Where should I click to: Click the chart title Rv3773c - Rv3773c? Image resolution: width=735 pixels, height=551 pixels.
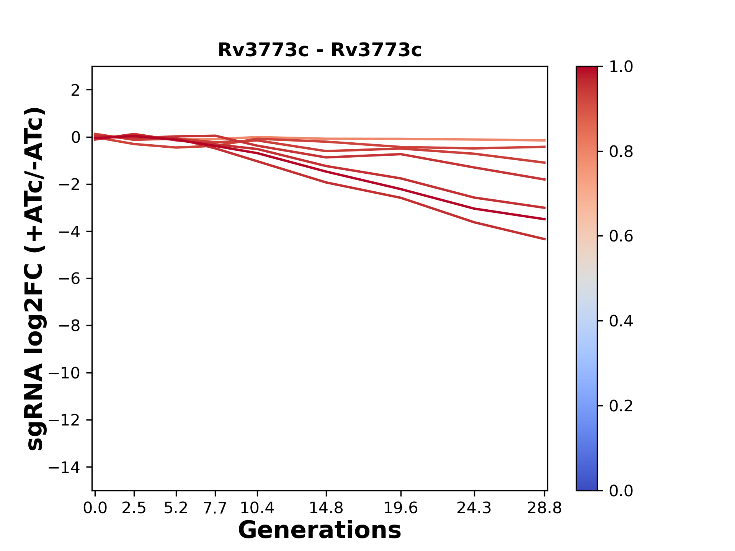[x=320, y=50]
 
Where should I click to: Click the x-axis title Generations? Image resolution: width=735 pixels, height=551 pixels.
[x=320, y=530]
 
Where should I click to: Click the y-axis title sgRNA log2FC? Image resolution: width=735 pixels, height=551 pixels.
[x=35, y=279]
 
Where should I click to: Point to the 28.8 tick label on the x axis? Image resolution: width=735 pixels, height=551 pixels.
[x=544, y=508]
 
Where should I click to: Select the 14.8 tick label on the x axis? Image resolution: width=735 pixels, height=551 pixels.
[x=326, y=508]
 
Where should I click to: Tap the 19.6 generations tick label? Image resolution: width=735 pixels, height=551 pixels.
[x=400, y=508]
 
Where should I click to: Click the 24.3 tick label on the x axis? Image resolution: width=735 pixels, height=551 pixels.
[x=474, y=508]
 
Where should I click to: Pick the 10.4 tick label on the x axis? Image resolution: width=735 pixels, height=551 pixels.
[x=257, y=508]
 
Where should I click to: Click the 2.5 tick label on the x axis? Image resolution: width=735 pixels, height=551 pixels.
[x=134, y=508]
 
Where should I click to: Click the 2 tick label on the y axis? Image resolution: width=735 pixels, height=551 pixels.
[x=75, y=90]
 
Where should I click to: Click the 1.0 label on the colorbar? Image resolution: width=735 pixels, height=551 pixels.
[x=621, y=67]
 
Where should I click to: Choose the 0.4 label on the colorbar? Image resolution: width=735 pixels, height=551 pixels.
[x=621, y=321]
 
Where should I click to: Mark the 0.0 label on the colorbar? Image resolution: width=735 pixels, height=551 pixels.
[x=621, y=491]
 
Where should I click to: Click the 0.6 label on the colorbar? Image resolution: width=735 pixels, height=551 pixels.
[x=621, y=236]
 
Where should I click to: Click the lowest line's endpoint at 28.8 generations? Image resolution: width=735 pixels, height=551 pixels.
[x=545, y=239]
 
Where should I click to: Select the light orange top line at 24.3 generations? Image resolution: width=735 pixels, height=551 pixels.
[x=474, y=140]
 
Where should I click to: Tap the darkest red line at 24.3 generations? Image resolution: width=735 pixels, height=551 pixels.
[x=474, y=209]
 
